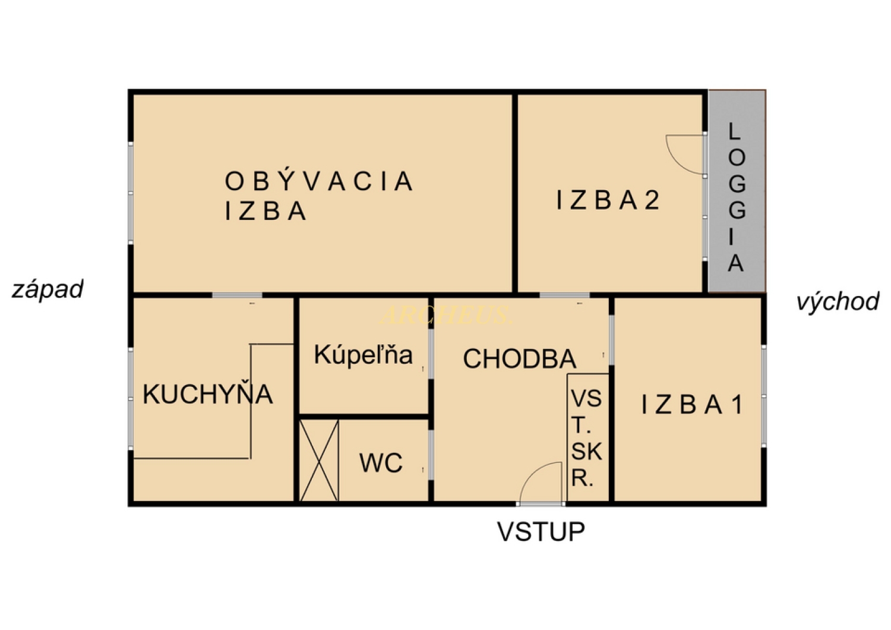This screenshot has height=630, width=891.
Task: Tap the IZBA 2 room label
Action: tap(608, 200)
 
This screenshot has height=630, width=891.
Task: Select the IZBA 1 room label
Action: tap(692, 405)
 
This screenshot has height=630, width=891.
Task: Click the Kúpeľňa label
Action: tap(363, 355)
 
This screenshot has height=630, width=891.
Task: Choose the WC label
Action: tap(381, 462)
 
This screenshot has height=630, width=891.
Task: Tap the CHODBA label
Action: tap(520, 358)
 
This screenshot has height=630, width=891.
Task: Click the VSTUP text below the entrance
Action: tap(541, 531)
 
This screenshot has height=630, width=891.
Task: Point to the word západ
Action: tap(48, 289)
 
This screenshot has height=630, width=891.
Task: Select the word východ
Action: tap(838, 302)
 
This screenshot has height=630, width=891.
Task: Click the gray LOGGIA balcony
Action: tap(737, 191)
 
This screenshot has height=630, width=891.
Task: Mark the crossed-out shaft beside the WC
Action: tap(318, 461)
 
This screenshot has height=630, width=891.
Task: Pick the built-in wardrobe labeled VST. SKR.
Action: tap(587, 438)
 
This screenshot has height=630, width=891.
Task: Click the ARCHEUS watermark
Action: tap(445, 315)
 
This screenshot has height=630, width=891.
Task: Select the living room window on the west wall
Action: tap(131, 193)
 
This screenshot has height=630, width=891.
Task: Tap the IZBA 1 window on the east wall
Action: tap(764, 396)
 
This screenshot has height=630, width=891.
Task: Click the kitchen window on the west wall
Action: tap(131, 398)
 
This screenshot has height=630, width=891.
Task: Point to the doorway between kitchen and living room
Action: tap(237, 295)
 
